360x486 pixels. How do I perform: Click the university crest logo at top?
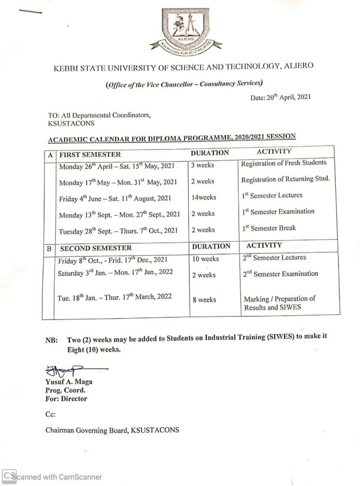pyautogui.click(x=185, y=29)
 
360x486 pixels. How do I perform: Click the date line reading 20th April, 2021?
pyautogui.click(x=280, y=97)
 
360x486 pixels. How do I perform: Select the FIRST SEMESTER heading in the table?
pyautogui.click(x=90, y=155)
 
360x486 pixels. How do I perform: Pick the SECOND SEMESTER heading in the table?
pyautogui.click(x=96, y=248)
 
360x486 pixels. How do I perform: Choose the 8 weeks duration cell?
pyautogui.click(x=203, y=300)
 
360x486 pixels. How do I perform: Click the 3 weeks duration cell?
pyautogui.click(x=203, y=165)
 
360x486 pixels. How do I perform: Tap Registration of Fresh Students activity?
pyautogui.click(x=284, y=163)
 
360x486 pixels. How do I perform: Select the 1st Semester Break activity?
pyautogui.click(x=268, y=228)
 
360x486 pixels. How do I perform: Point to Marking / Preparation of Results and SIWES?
pyautogui.click(x=279, y=303)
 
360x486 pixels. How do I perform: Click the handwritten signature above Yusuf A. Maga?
pyautogui.click(x=71, y=369)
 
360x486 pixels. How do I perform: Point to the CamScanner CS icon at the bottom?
pyautogui.click(x=9, y=477)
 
